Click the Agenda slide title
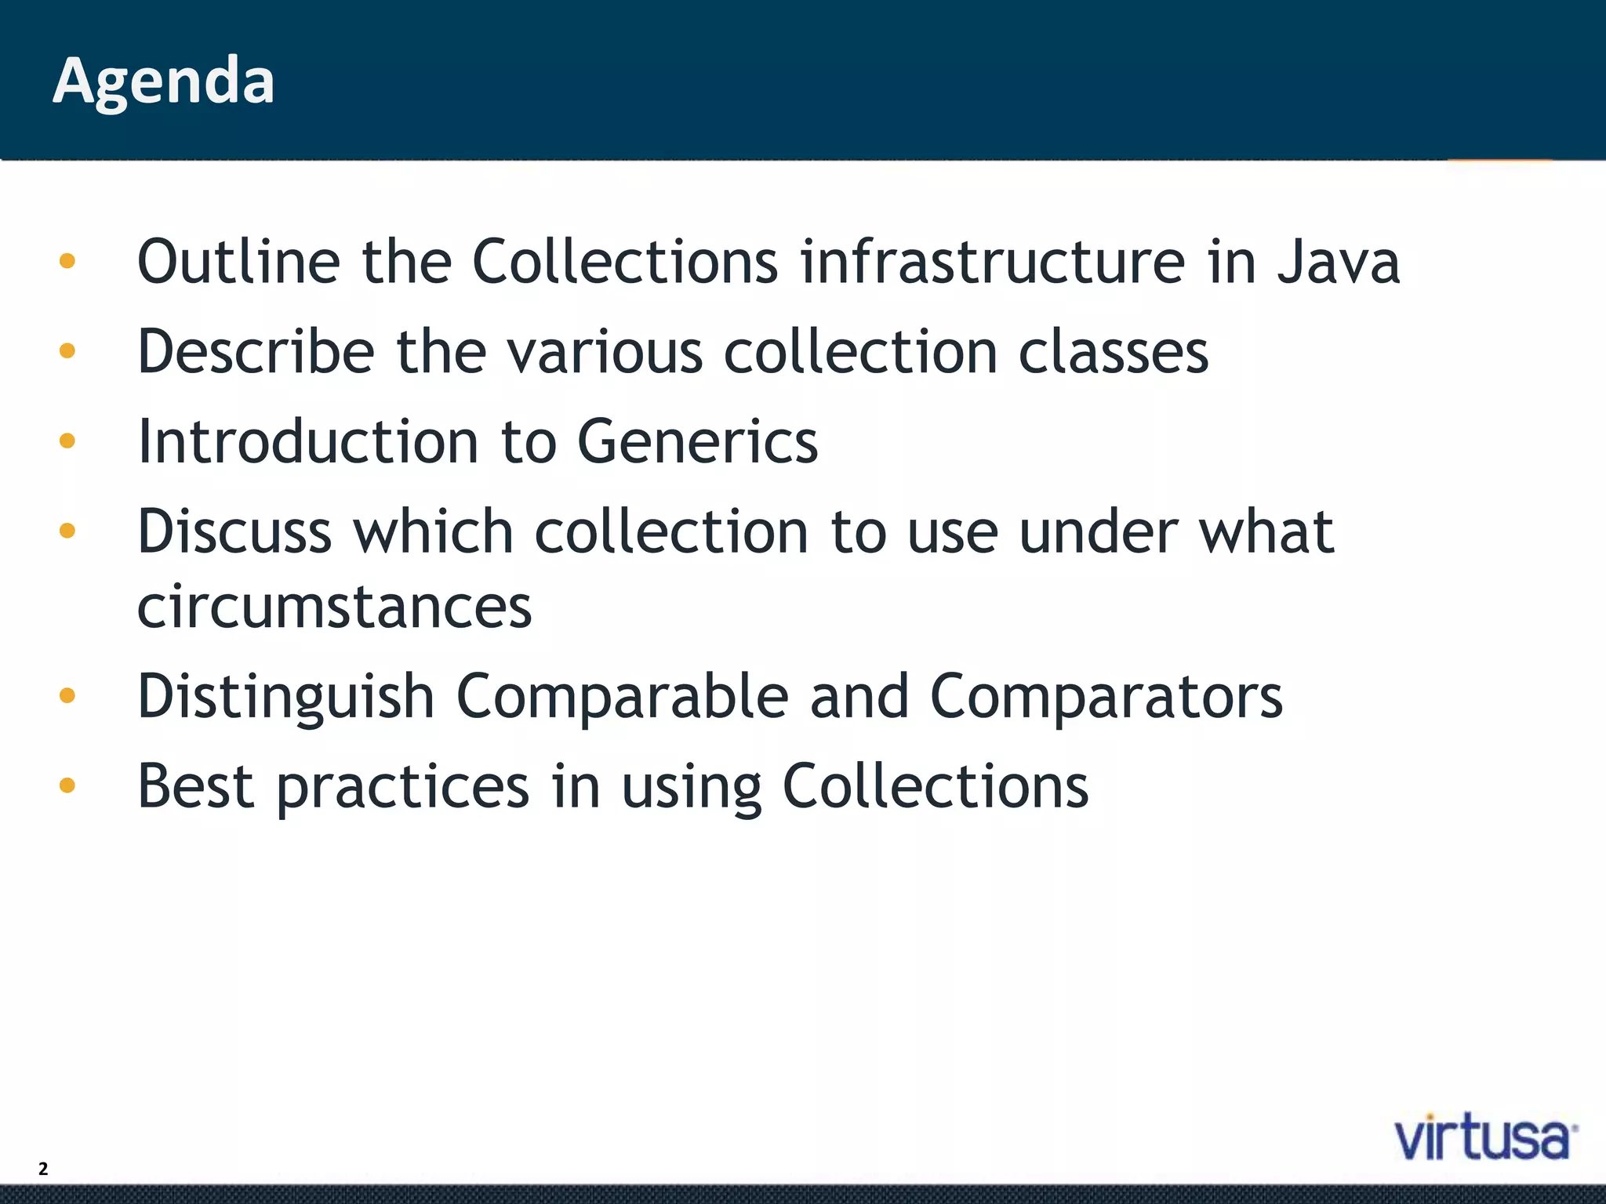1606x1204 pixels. click(x=163, y=82)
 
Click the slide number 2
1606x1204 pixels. click(x=43, y=1169)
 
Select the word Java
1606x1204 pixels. click(x=1339, y=262)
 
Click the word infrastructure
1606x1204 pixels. click(x=992, y=262)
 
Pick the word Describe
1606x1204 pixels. click(x=256, y=352)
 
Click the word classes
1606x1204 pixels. click(x=1113, y=352)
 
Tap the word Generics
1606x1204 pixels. click(x=697, y=442)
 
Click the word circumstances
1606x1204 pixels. click(x=335, y=607)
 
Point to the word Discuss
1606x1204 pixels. click(x=234, y=532)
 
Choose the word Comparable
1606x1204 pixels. click(x=622, y=697)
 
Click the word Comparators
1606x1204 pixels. click(x=1106, y=697)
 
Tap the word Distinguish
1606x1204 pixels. click(x=285, y=697)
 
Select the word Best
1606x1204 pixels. click(x=195, y=786)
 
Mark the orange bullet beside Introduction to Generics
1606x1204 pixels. click(x=67, y=441)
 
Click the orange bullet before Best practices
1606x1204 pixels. click(x=67, y=785)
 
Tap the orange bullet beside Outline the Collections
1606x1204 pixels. click(x=67, y=261)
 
